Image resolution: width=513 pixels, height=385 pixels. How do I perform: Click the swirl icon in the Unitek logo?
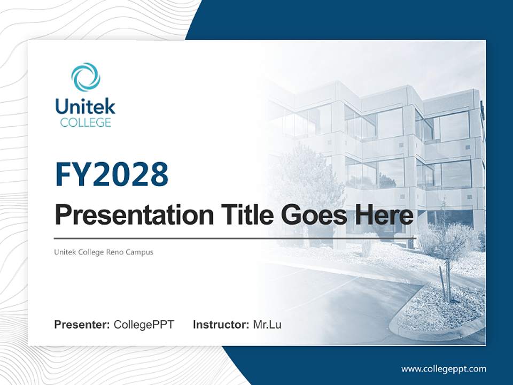(85, 77)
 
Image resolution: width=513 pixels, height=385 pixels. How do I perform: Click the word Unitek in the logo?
(85, 106)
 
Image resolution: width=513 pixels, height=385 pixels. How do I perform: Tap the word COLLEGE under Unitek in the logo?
(85, 122)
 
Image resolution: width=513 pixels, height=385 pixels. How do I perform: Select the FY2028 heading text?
(112, 175)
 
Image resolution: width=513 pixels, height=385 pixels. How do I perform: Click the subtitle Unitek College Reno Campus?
(104, 252)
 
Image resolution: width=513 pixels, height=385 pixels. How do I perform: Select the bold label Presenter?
(82, 325)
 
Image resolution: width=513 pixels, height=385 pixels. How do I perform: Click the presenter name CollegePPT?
(144, 325)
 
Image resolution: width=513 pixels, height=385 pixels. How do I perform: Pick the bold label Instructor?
(221, 325)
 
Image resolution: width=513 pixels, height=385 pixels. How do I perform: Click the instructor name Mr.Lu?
(267, 325)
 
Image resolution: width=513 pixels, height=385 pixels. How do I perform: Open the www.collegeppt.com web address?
(444, 368)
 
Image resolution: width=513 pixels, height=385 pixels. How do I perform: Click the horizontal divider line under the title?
(235, 238)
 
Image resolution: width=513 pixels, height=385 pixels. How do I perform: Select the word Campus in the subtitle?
(139, 252)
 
